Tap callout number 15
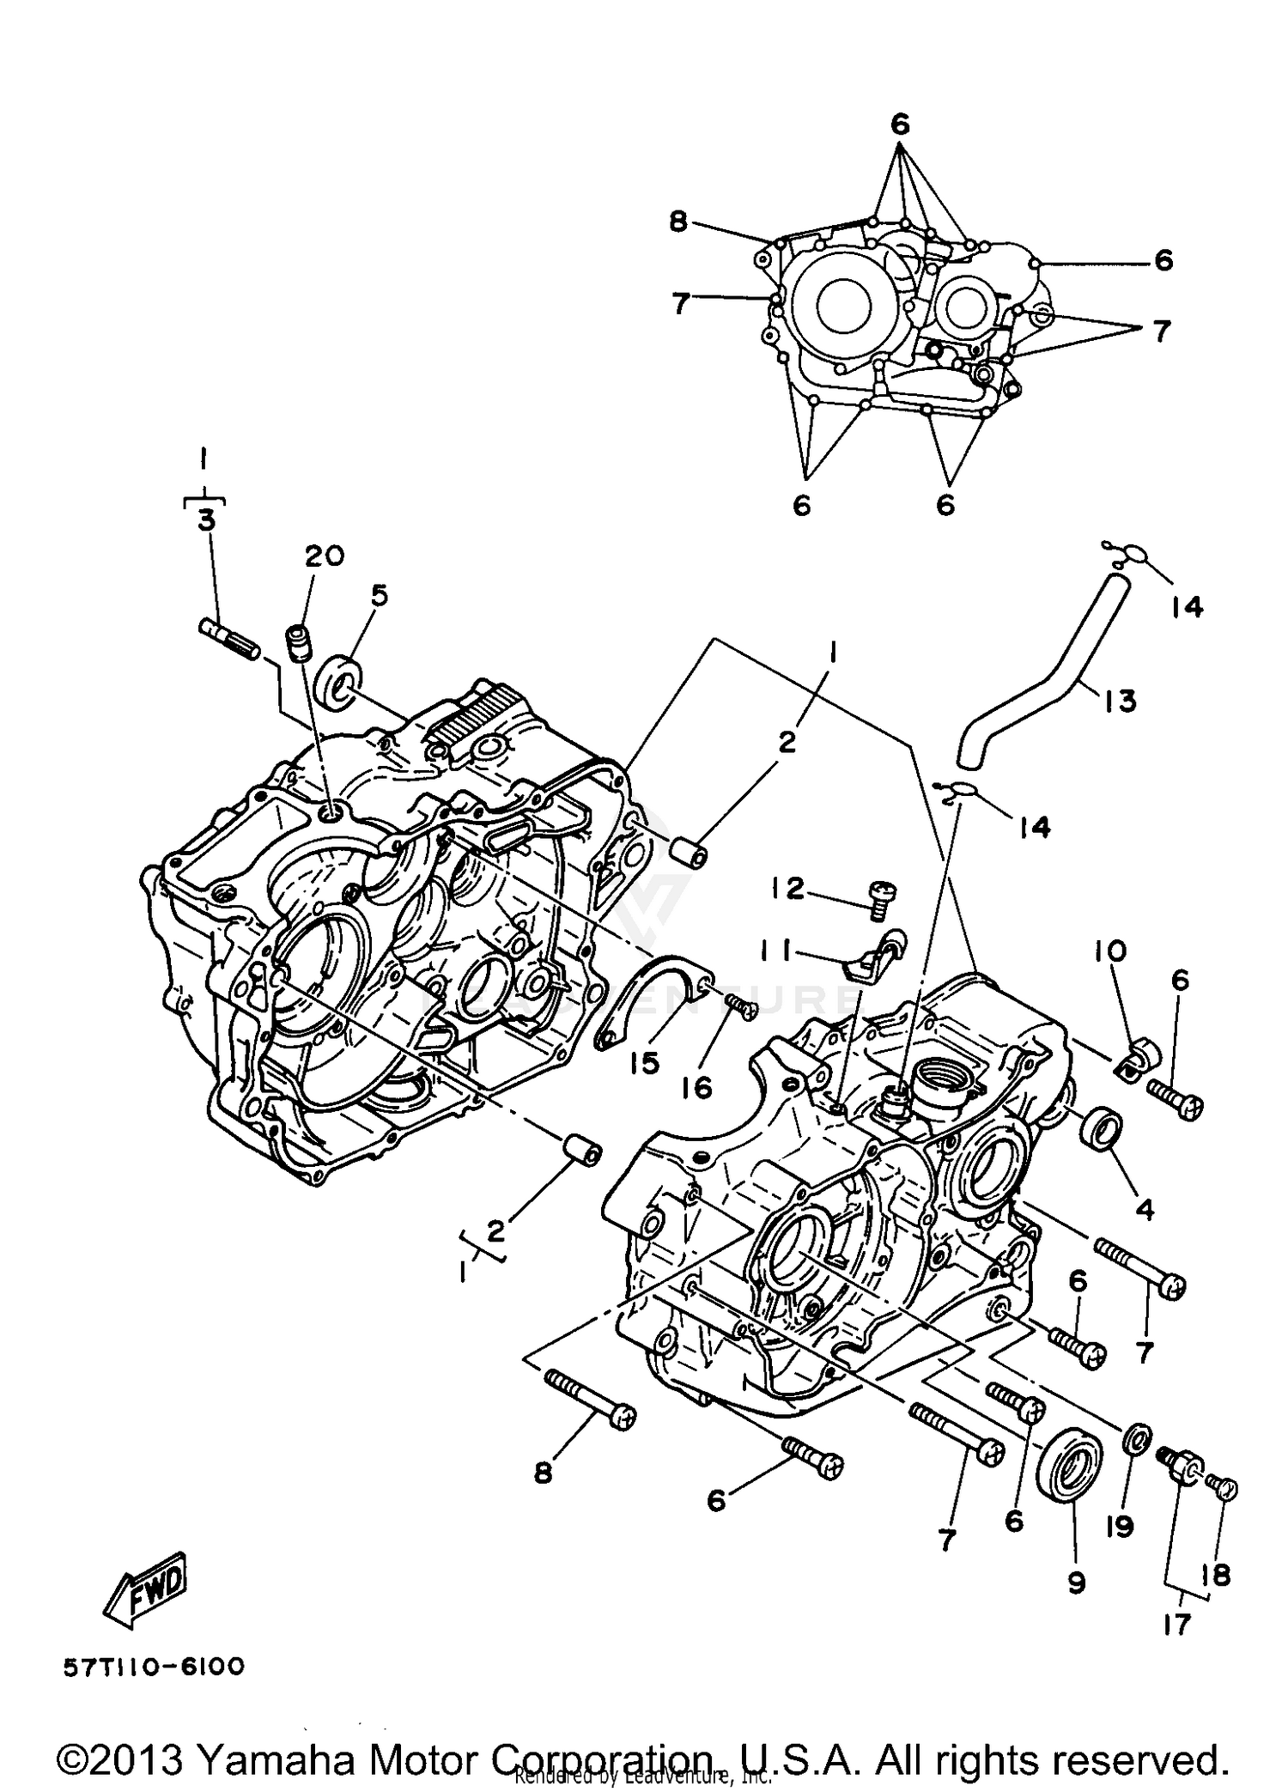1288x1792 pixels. [643, 1063]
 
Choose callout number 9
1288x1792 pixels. [1077, 1582]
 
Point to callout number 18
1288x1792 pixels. [1217, 1575]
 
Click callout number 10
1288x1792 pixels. [1109, 951]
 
